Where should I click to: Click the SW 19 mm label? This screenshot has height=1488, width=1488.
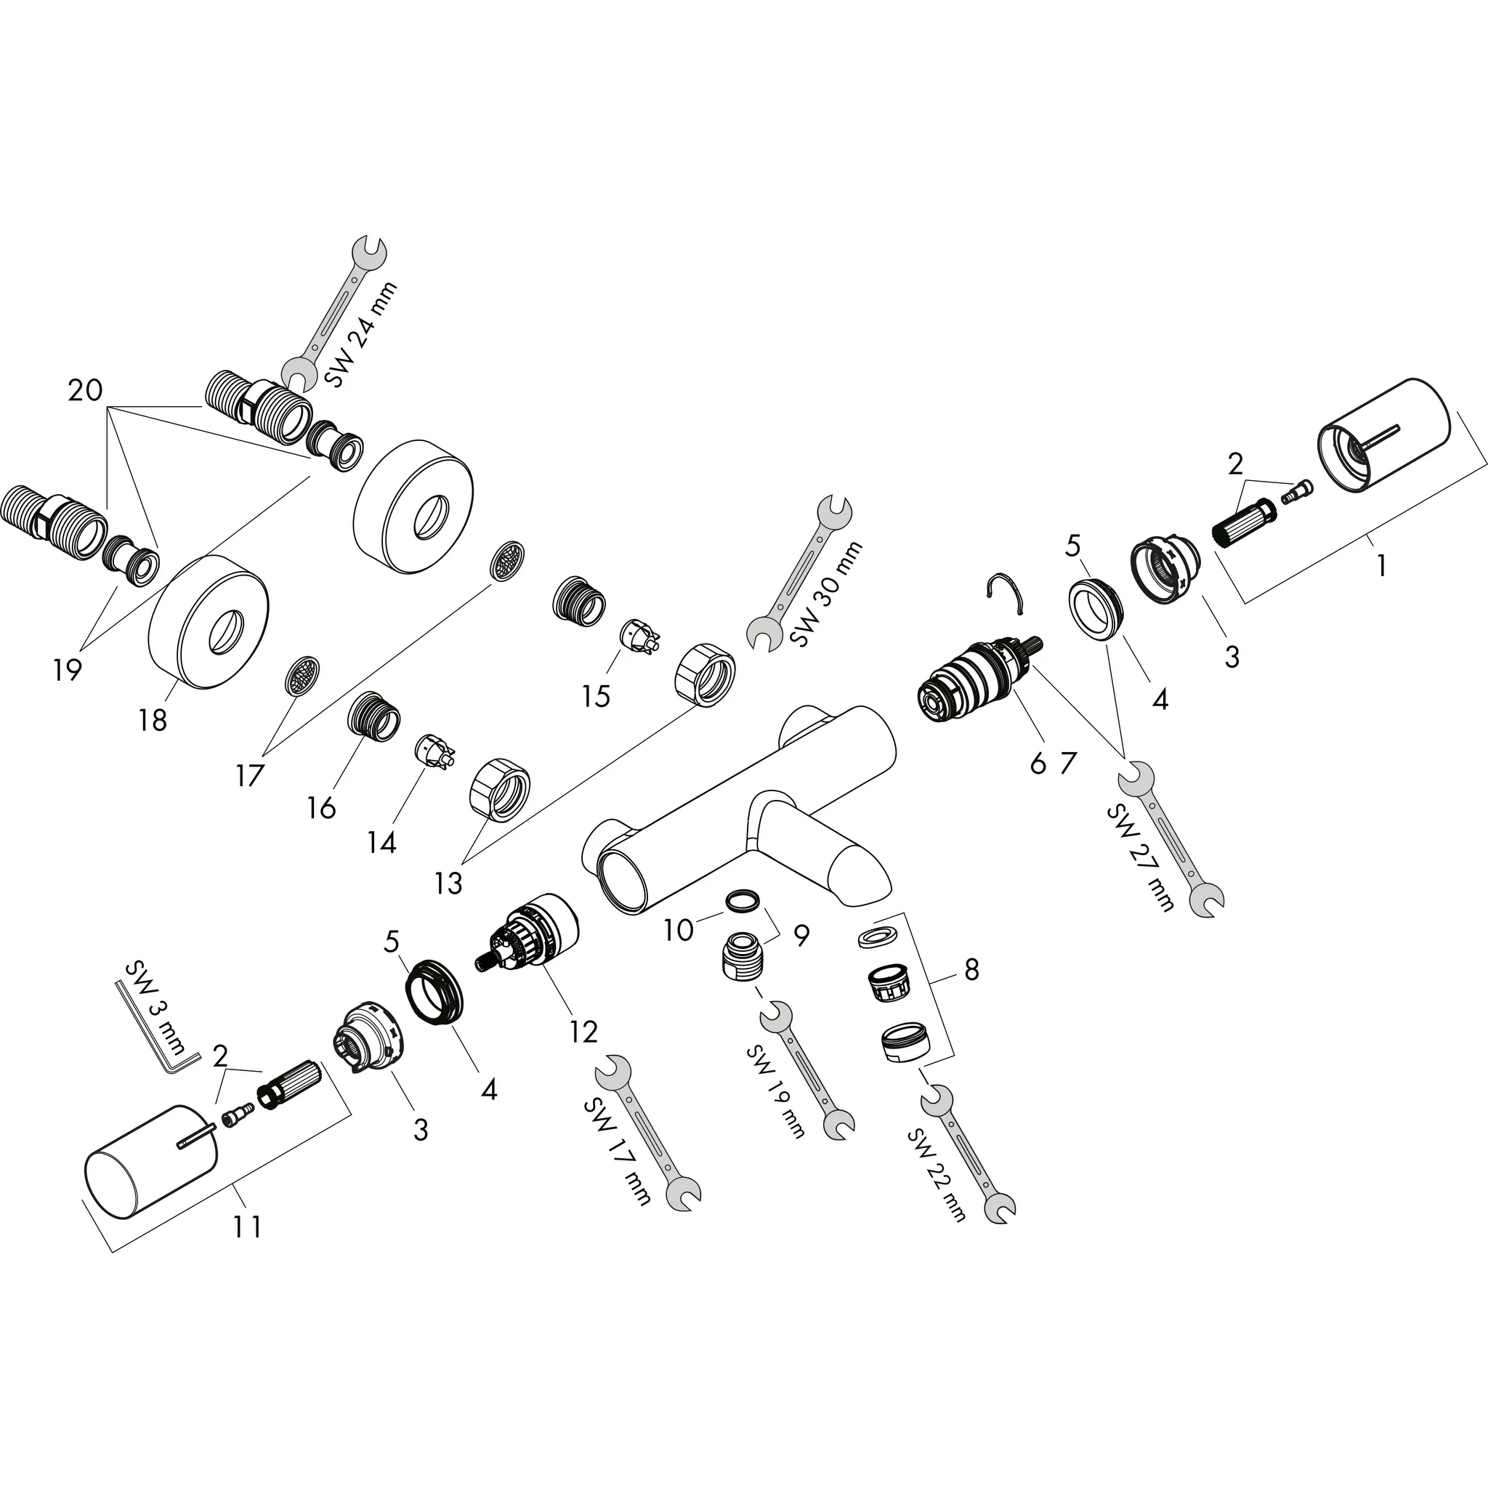[x=775, y=1091]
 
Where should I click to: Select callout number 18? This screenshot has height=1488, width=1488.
[x=153, y=721]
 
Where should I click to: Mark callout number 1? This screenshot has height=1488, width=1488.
[x=1382, y=566]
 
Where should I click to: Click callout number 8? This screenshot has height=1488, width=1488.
[x=971, y=970]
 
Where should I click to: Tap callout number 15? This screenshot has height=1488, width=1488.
[x=596, y=696]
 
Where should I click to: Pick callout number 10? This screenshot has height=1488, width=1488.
[x=678, y=931]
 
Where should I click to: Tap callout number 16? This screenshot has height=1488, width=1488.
[x=322, y=808]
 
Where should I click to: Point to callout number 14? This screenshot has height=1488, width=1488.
[x=382, y=843]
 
